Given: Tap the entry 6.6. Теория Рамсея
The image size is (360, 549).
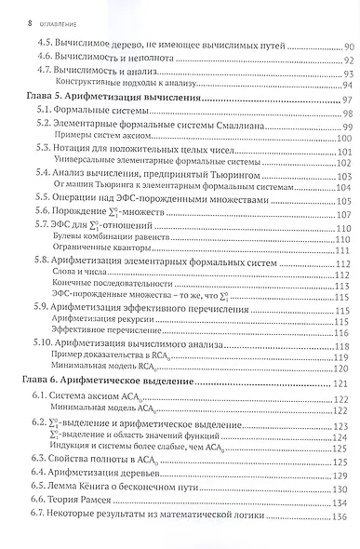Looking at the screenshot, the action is coord(80,503).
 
